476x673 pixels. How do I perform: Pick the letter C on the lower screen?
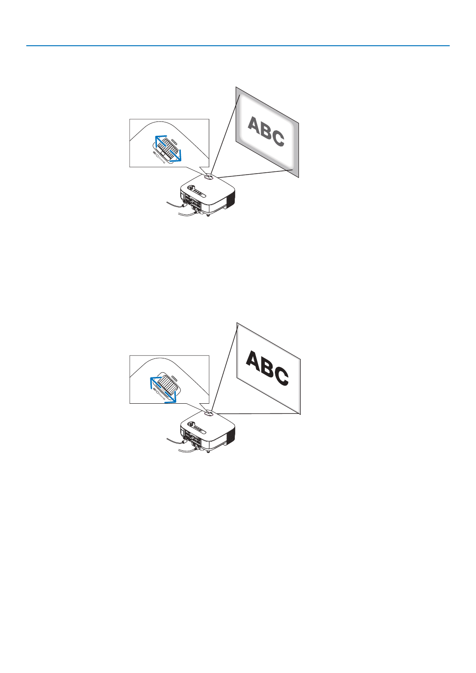pyautogui.click(x=280, y=376)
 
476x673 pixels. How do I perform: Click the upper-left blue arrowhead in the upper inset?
pyautogui.click(x=156, y=138)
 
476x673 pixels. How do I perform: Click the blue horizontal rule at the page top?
pyautogui.click(x=238, y=46)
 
